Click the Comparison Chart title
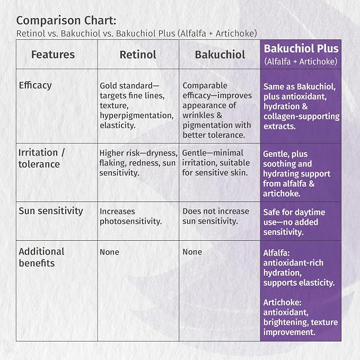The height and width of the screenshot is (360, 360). pos(66,21)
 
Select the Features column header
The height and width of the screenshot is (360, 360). pos(53,55)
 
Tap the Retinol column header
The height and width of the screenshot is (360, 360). pos(138,55)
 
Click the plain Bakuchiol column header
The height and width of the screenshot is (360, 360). pos(220,55)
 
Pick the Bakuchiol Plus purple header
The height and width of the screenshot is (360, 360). pos(301,55)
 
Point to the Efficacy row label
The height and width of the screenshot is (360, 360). pos(35,85)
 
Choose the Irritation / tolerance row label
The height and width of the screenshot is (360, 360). pos(41,159)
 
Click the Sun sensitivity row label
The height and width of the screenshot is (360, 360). pos(51,211)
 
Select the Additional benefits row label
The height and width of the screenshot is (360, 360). pos(41,257)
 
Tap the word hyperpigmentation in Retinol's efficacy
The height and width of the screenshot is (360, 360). pos(137,116)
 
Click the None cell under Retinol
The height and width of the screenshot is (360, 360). pos(109,252)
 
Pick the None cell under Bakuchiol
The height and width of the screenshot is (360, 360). pos(192,252)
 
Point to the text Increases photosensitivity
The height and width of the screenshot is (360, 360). pos(131,216)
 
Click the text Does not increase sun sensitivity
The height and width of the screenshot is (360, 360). pos(216,216)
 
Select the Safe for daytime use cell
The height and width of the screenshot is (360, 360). pos(294,222)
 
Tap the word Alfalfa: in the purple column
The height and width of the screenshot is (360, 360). pos(276,253)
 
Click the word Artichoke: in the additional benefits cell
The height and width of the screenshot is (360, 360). pos(282,302)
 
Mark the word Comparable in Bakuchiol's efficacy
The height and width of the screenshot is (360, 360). pos(205,86)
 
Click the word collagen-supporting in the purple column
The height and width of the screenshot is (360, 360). pos(302,117)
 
